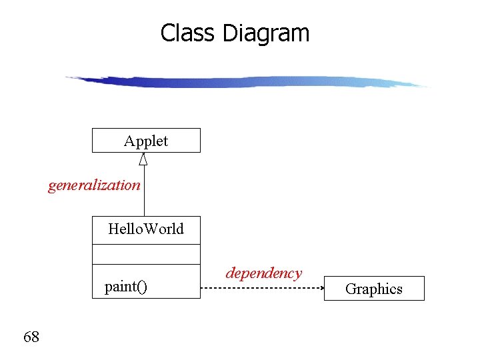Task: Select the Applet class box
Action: tap(146, 141)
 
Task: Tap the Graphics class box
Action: tap(374, 289)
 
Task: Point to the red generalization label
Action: tap(94, 185)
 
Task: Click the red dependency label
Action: tap(263, 273)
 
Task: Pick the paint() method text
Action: tap(126, 287)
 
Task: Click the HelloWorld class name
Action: tap(146, 229)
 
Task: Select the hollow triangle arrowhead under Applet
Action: tap(143, 159)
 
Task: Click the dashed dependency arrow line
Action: tap(260, 288)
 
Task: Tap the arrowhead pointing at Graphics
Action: tap(320, 288)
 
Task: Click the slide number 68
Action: tap(31, 337)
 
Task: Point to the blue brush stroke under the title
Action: tap(247, 82)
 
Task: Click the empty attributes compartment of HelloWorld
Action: tap(146, 254)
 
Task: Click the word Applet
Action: tap(146, 141)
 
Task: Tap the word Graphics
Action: tap(374, 289)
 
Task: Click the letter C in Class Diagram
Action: tap(167, 33)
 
